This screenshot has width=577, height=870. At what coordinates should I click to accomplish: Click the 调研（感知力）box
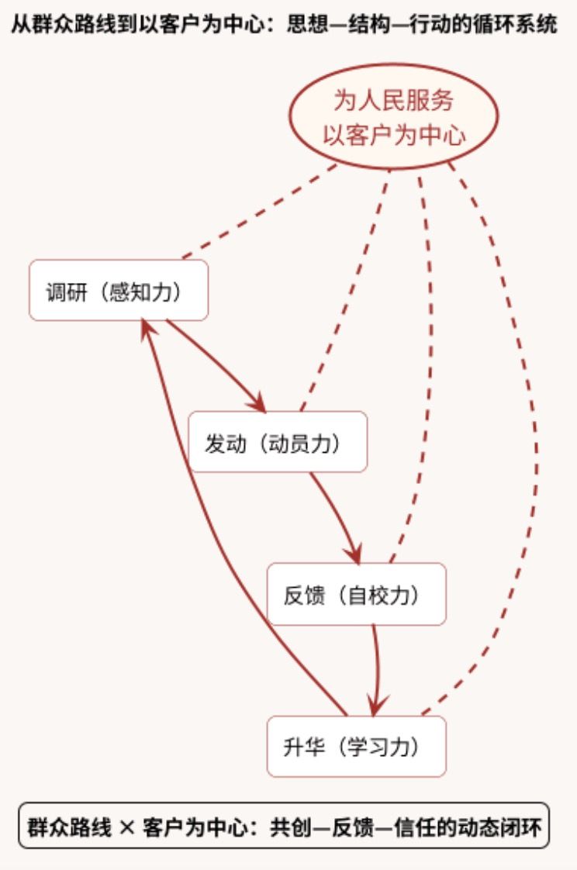119,290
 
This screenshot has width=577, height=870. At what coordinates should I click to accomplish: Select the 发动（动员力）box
278,442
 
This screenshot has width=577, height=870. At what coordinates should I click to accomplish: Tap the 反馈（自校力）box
356,594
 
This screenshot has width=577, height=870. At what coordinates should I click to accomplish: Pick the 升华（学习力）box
356,746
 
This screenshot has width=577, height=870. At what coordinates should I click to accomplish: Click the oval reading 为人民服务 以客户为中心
393,116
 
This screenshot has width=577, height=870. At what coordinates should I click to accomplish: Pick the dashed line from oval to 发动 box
345,290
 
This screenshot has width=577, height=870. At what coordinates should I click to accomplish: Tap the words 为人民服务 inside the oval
393,101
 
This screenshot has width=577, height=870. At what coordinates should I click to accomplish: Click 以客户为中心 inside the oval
394,135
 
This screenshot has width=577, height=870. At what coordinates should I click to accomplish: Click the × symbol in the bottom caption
126,828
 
